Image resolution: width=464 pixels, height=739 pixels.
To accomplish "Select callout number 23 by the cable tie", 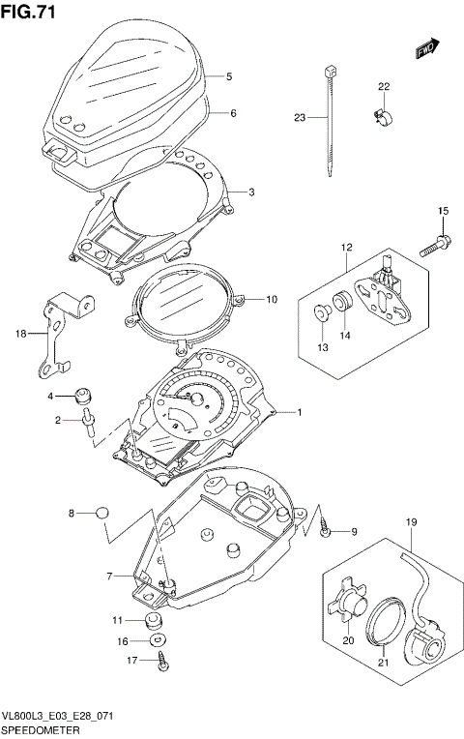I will coord(299,118).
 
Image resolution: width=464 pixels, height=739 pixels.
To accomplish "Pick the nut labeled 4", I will coord(83,395).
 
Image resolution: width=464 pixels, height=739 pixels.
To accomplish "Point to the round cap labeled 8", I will coord(103,514).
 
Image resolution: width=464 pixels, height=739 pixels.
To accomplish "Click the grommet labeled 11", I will coord(151,620).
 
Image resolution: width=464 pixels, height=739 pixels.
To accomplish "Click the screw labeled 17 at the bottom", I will coord(160,662).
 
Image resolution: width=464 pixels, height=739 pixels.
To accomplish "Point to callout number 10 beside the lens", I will coord(272,300).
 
